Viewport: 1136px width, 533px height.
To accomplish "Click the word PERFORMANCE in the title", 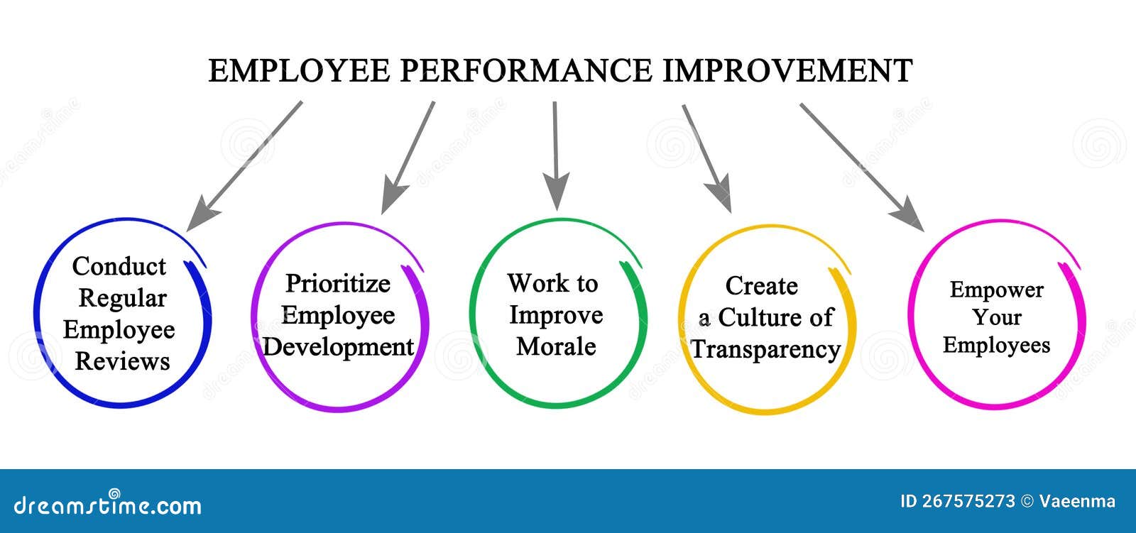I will (x=525, y=71).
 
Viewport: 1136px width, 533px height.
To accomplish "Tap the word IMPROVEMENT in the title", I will (x=787, y=71).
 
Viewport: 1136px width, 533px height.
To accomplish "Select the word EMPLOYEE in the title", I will (x=299, y=71).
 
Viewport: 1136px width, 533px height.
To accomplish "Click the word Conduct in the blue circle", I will (x=119, y=267).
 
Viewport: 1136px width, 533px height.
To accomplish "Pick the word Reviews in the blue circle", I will (x=122, y=361).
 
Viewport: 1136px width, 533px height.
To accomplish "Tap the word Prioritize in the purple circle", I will (x=337, y=284).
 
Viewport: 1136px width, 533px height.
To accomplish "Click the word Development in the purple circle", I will (x=338, y=347).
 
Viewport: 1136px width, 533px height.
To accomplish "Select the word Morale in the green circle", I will (x=555, y=346).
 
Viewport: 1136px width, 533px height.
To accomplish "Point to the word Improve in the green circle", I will (x=555, y=315).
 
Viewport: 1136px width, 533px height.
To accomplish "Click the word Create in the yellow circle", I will (x=761, y=286).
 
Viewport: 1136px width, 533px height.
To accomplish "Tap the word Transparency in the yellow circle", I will (x=765, y=349).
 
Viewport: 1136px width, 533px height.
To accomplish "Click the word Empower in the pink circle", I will (x=996, y=290).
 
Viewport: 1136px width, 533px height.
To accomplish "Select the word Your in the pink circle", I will (x=996, y=317).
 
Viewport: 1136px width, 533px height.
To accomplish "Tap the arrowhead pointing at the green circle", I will (x=557, y=194).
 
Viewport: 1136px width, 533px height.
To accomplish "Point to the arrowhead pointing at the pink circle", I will (x=911, y=216).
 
